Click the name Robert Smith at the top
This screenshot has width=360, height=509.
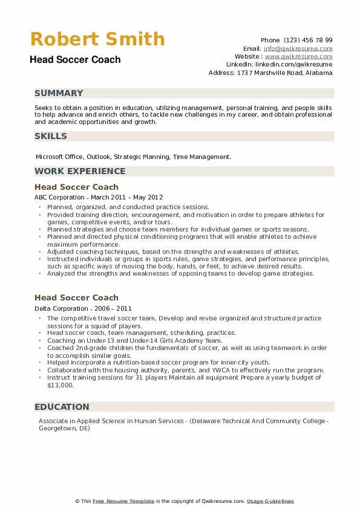[x=97, y=39]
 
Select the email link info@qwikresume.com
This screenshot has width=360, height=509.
[x=298, y=48]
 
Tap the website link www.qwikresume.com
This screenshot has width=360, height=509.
[x=299, y=56]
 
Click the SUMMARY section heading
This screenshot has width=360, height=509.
[x=59, y=94]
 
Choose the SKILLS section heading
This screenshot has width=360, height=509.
[x=51, y=136]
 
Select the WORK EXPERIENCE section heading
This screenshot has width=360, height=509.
[x=80, y=171]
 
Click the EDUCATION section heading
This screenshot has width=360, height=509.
[x=62, y=407]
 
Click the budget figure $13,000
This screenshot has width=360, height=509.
[x=60, y=384]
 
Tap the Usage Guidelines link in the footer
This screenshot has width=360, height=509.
[x=270, y=501]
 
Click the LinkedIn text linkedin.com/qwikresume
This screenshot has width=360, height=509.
[x=293, y=64]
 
